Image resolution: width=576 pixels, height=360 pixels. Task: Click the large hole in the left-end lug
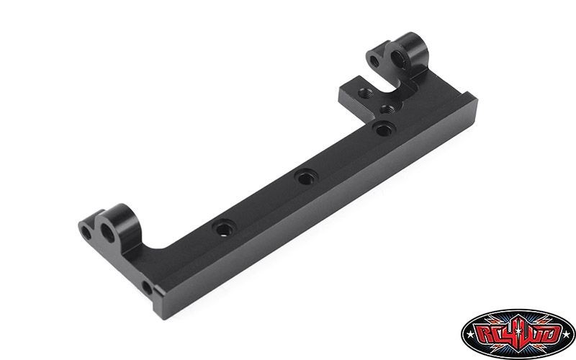[107, 233]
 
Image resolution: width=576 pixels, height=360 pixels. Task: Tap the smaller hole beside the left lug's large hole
[86, 233]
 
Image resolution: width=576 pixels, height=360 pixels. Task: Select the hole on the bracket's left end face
[147, 287]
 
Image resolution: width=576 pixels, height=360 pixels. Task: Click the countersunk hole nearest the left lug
[224, 228]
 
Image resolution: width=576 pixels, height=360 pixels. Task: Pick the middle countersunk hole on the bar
[305, 178]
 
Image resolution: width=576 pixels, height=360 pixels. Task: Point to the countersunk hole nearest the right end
[384, 129]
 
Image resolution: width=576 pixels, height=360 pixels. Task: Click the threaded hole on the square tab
[365, 93]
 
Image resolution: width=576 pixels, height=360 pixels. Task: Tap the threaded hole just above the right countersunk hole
[387, 109]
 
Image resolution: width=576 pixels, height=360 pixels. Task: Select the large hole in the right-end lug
[398, 59]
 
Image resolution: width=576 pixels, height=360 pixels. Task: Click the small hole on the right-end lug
[374, 60]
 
